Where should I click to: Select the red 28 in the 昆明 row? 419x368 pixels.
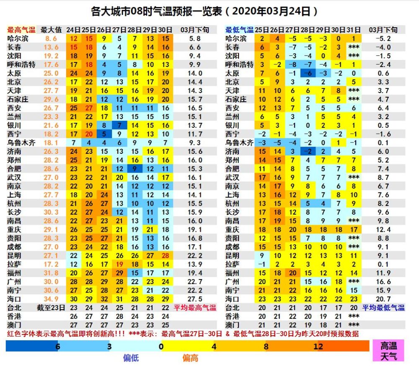165,256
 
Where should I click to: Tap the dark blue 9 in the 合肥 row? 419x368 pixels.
134,168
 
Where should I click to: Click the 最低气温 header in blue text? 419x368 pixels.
239,30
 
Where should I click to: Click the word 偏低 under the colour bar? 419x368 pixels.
131,358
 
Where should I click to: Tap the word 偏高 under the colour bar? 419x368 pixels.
191,358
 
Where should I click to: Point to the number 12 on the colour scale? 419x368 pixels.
318,346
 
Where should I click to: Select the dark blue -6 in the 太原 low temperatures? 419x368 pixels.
308,73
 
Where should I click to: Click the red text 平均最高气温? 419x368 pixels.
195,308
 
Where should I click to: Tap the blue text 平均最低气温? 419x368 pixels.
383,308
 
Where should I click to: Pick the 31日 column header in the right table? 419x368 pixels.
354,30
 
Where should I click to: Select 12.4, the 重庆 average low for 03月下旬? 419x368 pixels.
383,230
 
